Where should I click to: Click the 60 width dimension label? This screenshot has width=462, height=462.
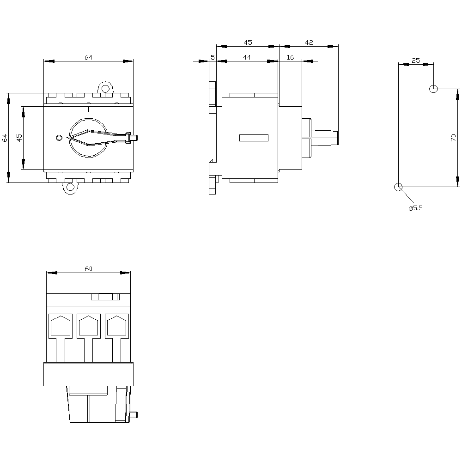tap(88, 269)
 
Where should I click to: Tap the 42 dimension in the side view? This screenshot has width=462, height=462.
tap(309, 43)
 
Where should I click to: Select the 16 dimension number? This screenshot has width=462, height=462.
tap(290, 57)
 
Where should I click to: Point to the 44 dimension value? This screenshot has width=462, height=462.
tap(247, 57)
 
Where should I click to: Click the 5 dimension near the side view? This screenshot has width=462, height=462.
tap(213, 57)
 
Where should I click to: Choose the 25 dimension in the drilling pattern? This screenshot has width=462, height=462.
tap(415, 61)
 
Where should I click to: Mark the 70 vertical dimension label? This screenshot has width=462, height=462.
tap(453, 138)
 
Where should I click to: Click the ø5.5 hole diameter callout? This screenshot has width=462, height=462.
tap(415, 208)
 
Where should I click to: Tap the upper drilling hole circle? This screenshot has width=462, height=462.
tap(433, 88)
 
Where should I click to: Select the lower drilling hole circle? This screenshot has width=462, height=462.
tap(398, 187)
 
